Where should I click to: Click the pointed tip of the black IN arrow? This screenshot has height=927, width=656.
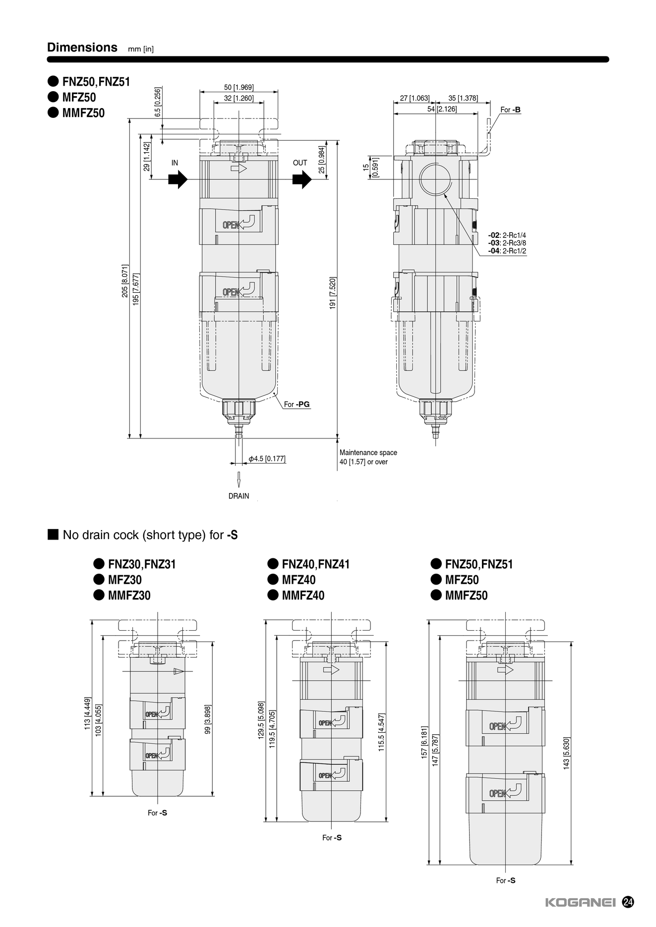pos(187,180)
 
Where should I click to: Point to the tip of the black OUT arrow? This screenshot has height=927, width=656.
pos(311,180)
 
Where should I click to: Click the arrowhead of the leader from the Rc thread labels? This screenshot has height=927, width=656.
pos(445,195)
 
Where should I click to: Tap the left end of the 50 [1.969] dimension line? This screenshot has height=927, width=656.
pos(199,92)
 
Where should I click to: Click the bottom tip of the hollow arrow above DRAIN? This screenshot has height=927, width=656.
pos(239,487)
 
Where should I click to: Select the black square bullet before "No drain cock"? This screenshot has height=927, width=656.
pos(53,535)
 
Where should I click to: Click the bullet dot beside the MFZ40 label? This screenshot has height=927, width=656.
pos(273,579)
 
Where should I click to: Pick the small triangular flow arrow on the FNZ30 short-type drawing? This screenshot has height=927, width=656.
pos(179,671)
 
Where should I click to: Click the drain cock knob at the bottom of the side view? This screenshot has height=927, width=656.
pos(436,408)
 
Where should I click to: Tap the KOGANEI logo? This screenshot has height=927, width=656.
pos(580,902)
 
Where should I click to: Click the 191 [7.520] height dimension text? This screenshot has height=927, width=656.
pos(333,293)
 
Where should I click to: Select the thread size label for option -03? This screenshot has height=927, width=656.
pos(507,243)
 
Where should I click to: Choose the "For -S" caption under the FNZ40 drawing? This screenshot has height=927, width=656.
pos(332,837)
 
